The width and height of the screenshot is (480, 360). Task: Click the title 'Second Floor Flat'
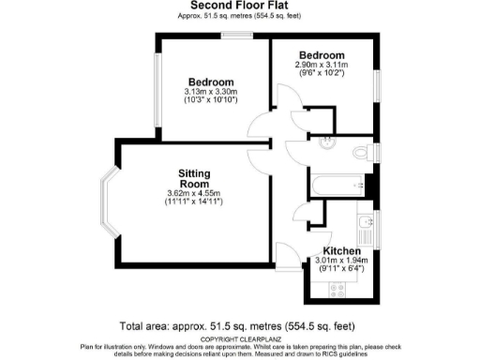coord(239,6)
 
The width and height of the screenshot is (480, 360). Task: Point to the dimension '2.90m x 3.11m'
coord(321,64)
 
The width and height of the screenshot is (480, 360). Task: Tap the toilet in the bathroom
coord(361,154)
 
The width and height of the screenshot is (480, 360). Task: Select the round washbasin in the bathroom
coord(324,143)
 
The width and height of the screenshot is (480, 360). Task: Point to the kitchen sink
coord(365,226)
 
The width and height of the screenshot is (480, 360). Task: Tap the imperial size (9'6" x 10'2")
coord(321,73)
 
